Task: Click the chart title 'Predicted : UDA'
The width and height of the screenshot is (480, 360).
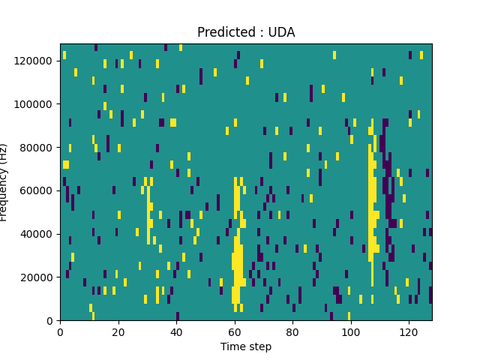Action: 246,32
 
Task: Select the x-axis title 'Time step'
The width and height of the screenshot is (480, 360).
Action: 246,346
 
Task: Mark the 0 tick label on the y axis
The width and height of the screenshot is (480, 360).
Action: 49,320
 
